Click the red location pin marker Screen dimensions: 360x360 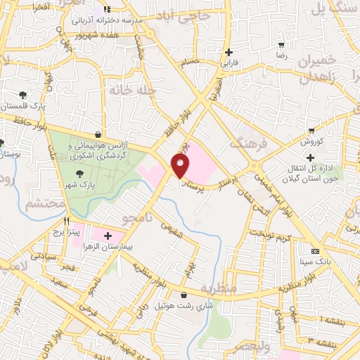click(x=181, y=165)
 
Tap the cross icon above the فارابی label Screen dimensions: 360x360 click(x=229, y=53)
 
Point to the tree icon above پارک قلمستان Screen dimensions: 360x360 click(x=22, y=95)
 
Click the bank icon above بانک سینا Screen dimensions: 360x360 click(x=314, y=251)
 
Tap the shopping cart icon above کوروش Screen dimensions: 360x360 click(x=311, y=130)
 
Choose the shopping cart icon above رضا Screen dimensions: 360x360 click(x=281, y=43)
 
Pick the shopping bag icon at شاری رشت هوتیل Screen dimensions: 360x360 click(x=184, y=295)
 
